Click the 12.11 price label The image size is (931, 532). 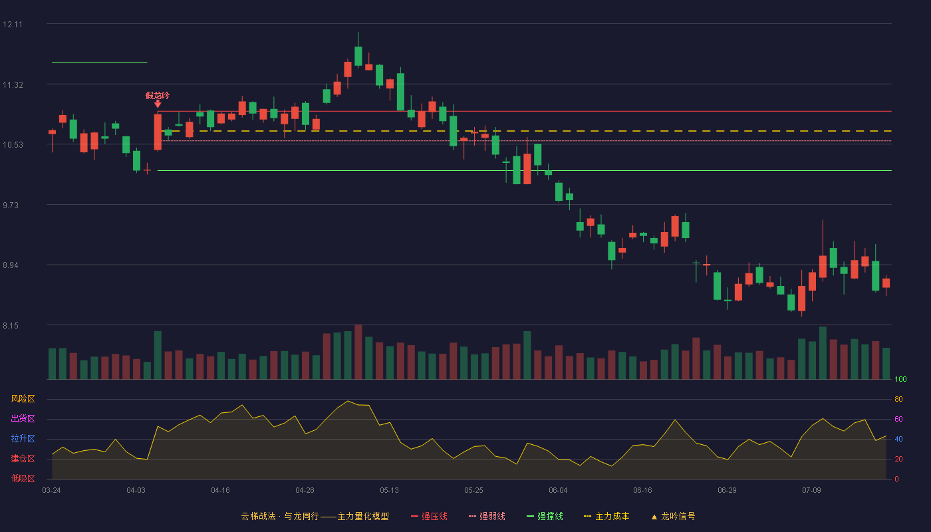point(13,25)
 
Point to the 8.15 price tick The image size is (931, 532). point(11,326)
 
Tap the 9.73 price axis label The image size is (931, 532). point(11,205)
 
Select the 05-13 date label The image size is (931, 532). point(389,491)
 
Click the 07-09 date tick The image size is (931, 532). point(811,491)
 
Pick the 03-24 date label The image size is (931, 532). point(52,491)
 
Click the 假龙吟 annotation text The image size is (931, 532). point(158,96)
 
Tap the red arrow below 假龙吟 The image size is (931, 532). point(158,104)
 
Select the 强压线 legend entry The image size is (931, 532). point(430,516)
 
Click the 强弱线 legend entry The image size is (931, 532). point(487,516)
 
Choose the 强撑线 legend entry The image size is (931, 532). point(545,516)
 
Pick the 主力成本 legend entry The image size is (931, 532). point(606,516)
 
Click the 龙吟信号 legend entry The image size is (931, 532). point(673,516)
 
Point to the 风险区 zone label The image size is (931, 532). point(23,399)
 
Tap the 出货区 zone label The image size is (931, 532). point(23,418)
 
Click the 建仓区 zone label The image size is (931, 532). point(23,458)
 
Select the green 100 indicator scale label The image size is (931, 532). point(900,379)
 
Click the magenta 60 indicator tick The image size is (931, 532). point(898,419)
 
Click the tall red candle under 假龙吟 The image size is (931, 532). point(158,132)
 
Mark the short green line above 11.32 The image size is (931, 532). point(99,63)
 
